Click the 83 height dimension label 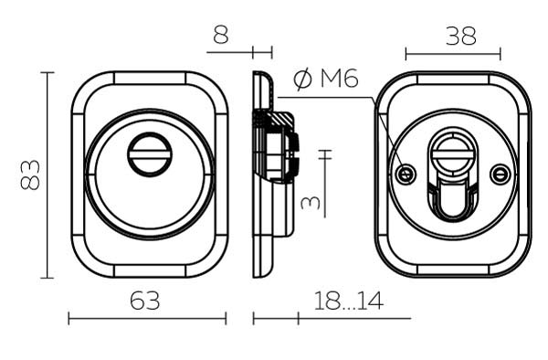[x=30, y=175]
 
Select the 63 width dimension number [x=145, y=301]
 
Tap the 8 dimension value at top [x=221, y=35]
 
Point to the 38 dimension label [x=461, y=36]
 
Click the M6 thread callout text [x=340, y=79]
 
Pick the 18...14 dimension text [x=349, y=301]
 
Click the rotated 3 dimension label [x=311, y=202]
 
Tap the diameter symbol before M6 [x=302, y=79]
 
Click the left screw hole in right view [x=406, y=174]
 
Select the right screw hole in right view [x=501, y=174]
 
